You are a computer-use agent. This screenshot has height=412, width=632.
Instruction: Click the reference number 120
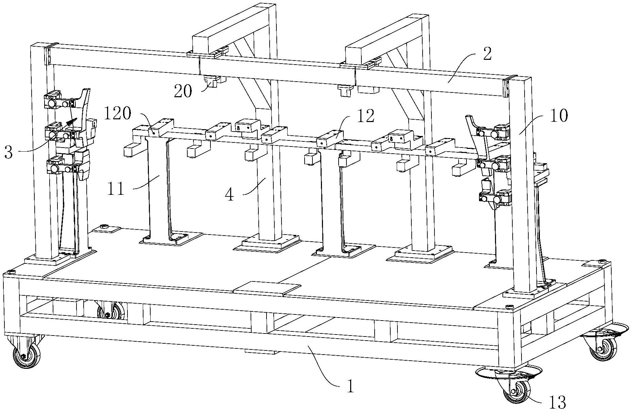(x=117, y=114)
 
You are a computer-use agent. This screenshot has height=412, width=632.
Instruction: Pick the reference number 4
(x=230, y=194)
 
